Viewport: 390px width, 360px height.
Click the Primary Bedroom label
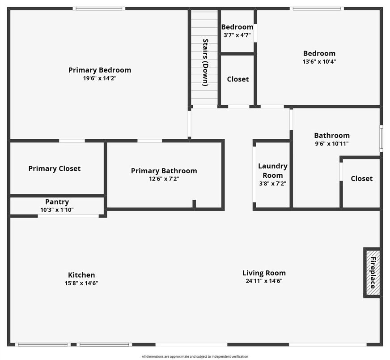coord(100,70)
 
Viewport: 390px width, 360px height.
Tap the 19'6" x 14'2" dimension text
coord(100,78)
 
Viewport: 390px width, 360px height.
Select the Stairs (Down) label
coord(205,62)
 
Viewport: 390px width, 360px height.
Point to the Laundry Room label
coord(272,171)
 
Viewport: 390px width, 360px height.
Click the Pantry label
coord(57,202)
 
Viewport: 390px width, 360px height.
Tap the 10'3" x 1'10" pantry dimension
coord(57,210)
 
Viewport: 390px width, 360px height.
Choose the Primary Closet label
coord(55,168)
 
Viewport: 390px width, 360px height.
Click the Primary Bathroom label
coord(164,171)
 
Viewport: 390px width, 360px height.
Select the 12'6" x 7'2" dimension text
coord(164,179)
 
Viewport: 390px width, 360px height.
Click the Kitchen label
coord(81,275)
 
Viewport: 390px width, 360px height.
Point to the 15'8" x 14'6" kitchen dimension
coord(81,283)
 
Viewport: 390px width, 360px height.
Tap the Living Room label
coord(264,273)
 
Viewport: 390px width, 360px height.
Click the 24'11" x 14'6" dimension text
coord(264,281)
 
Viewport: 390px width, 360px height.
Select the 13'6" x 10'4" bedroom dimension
coord(319,62)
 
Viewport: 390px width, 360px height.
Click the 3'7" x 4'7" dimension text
coord(237,35)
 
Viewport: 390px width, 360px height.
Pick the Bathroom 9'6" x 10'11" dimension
coord(332,144)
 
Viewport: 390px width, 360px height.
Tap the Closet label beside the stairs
coord(237,79)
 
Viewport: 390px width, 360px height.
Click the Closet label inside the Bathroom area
coord(361,179)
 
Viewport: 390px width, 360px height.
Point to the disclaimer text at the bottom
coord(195,356)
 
